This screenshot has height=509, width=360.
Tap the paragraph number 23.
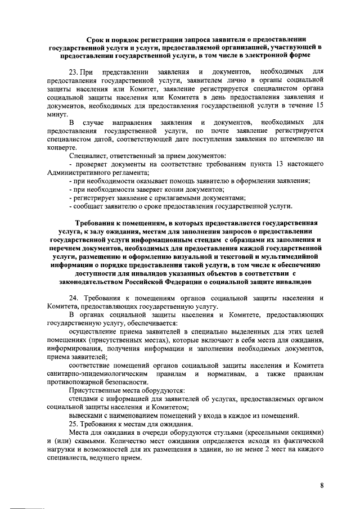73,73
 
